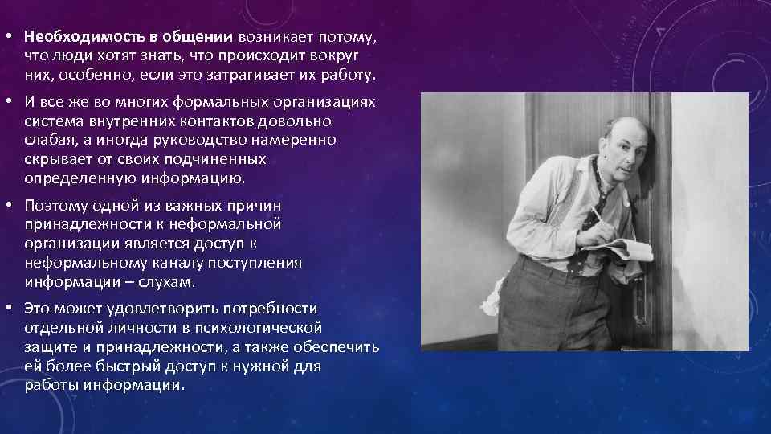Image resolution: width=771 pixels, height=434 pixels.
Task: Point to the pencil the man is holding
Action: pyautogui.click(x=595, y=218)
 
